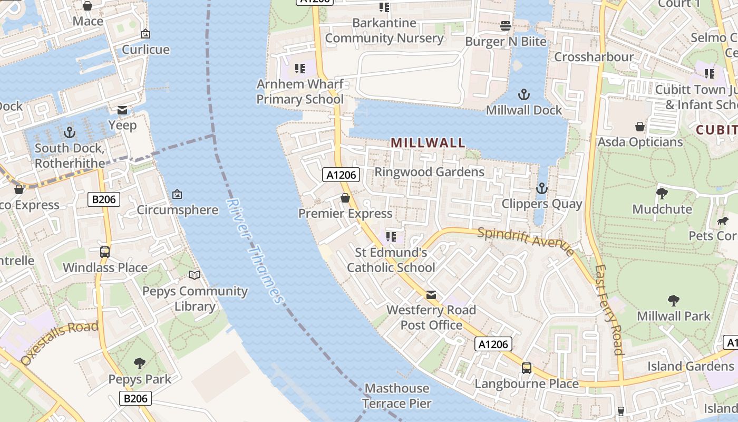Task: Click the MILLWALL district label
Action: pyautogui.click(x=428, y=142)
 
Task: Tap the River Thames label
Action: pyautogui.click(x=256, y=251)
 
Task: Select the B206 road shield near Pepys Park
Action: pyautogui.click(x=135, y=398)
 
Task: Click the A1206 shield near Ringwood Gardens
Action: pyautogui.click(x=341, y=175)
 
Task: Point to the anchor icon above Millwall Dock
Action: pyautogui.click(x=523, y=95)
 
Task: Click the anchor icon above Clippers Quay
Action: pyautogui.click(x=541, y=188)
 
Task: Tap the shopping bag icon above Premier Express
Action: pyautogui.click(x=345, y=198)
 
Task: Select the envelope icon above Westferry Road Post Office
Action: pyautogui.click(x=431, y=295)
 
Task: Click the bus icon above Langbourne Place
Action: pyautogui.click(x=526, y=368)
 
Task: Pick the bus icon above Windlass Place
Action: pyautogui.click(x=105, y=252)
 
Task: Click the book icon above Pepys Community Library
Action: pyautogui.click(x=195, y=275)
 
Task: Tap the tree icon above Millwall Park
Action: pyautogui.click(x=673, y=301)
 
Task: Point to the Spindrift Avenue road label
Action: pyautogui.click(x=526, y=241)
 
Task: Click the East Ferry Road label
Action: pyautogui.click(x=609, y=310)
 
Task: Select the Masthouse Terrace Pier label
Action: pyautogui.click(x=397, y=396)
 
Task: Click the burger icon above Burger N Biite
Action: pyautogui.click(x=506, y=26)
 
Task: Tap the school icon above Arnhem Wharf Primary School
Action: pyautogui.click(x=300, y=68)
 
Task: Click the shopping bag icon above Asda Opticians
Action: pyautogui.click(x=639, y=127)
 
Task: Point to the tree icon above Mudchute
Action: pyautogui.click(x=662, y=194)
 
